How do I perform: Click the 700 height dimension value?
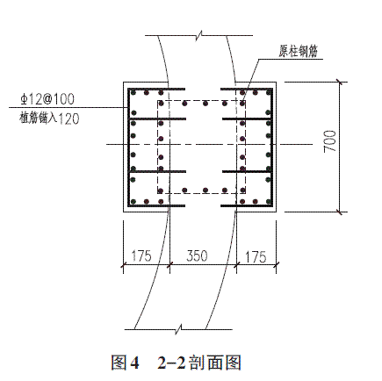[x=330, y=141]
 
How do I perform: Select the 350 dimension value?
[x=197, y=255]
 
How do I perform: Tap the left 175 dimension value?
[x=141, y=255]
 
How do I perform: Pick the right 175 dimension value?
[x=256, y=257]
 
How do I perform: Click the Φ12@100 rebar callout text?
[x=47, y=99]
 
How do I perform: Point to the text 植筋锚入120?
[x=49, y=119]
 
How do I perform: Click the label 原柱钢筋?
[x=298, y=52]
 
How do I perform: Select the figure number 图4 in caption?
[x=125, y=363]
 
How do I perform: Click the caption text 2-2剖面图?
[x=199, y=363]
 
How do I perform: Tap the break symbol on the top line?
[x=199, y=35]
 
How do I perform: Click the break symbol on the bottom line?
[x=178, y=329]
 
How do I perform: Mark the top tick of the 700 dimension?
[x=340, y=83]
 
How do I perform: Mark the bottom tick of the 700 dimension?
[x=340, y=212]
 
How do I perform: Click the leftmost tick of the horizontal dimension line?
[x=124, y=265]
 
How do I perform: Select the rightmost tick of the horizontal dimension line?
[x=276, y=265]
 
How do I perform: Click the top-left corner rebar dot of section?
[x=133, y=93]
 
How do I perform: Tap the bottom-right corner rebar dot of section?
[x=268, y=201]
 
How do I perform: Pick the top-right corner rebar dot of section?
[x=268, y=93]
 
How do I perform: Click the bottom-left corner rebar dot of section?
[x=133, y=201]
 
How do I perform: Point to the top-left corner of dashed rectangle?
[x=158, y=101]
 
